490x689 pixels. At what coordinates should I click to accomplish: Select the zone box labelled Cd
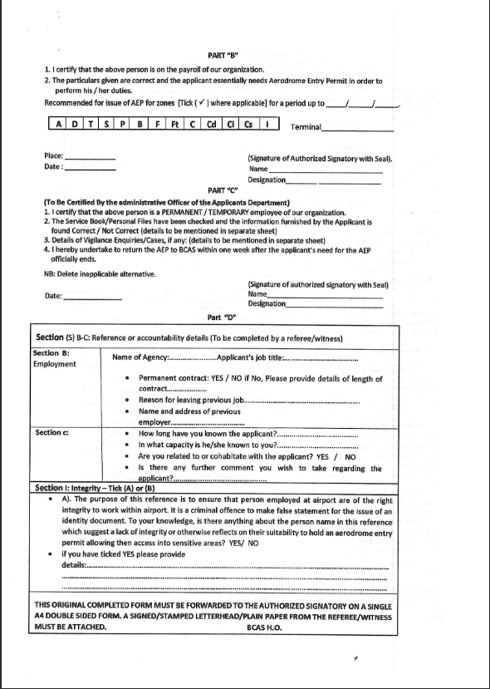coord(212,124)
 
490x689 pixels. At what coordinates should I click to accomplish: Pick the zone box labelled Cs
coord(247,124)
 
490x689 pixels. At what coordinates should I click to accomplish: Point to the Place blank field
coord(90,157)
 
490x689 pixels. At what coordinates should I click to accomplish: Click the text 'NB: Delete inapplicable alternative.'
coord(100,273)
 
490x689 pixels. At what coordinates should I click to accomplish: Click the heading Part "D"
coord(222,317)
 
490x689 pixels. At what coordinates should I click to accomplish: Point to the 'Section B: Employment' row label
coord(56,358)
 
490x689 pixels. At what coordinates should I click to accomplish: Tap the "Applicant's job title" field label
coord(249,357)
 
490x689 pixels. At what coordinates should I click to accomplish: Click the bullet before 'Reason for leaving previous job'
coord(125,400)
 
